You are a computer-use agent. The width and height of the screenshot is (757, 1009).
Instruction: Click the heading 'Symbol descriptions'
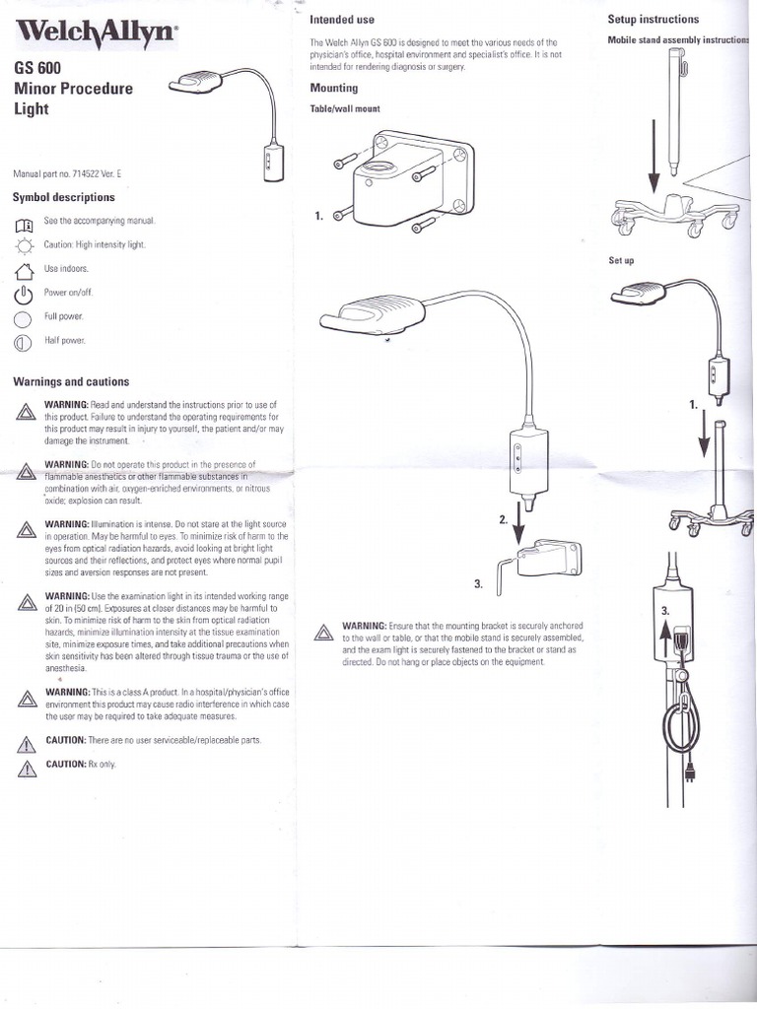(63, 197)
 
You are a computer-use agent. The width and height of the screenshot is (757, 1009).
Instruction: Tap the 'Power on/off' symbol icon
(25, 294)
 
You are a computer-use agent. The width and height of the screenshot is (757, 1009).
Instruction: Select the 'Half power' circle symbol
(25, 342)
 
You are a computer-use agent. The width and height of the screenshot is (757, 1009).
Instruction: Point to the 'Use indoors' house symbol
(25, 269)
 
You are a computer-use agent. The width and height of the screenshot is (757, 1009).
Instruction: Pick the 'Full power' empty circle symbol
(25, 318)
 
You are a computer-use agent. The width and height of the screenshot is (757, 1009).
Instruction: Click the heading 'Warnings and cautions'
(70, 381)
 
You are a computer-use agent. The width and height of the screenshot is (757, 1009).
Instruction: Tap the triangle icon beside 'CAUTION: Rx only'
(27, 770)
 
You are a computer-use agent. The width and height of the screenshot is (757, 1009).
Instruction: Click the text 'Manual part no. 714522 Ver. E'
(66, 173)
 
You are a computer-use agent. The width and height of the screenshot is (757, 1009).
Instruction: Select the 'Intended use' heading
(342, 20)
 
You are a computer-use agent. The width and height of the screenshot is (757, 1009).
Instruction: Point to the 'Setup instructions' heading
(654, 19)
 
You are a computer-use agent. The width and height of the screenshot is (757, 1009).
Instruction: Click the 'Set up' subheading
(621, 260)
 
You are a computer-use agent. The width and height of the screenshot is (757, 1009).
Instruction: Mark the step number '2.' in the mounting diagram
(504, 518)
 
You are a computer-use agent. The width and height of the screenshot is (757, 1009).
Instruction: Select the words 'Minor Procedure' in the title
(72, 89)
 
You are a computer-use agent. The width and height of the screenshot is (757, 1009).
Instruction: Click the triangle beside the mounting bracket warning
(322, 634)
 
